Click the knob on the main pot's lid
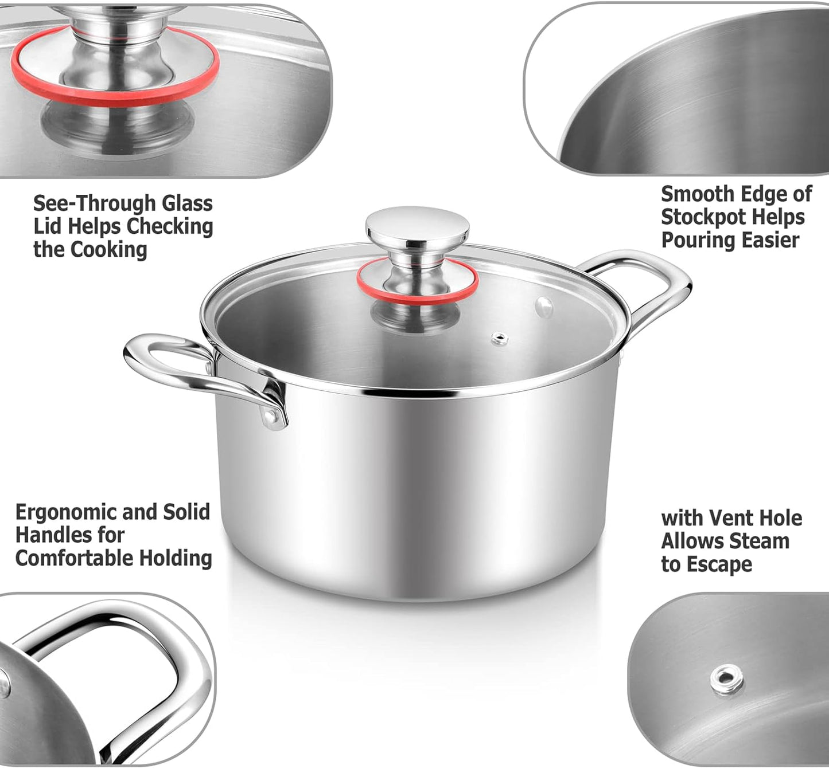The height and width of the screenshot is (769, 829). coord(417,225)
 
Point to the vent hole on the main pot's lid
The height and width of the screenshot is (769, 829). coord(499,339)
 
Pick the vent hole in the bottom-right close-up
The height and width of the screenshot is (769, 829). coord(726,680)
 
